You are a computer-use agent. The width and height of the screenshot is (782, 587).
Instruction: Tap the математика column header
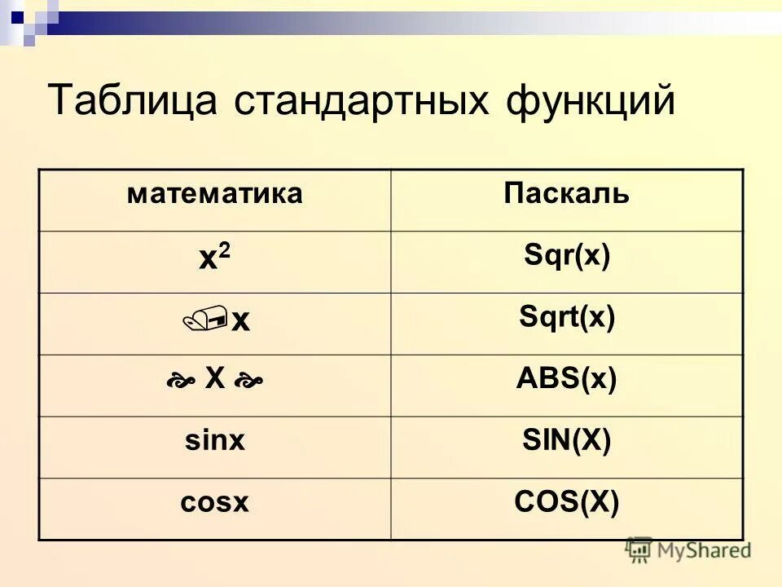(x=214, y=194)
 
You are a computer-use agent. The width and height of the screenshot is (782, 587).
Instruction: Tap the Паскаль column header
(x=566, y=194)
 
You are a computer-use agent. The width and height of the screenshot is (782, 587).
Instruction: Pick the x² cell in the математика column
(x=214, y=259)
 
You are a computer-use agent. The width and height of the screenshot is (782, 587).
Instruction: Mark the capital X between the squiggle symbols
(x=214, y=377)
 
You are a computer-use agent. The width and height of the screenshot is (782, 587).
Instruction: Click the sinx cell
(x=214, y=441)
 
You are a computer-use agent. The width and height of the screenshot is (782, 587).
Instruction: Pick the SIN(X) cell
(x=566, y=440)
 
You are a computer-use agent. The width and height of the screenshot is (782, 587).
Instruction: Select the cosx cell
(x=214, y=502)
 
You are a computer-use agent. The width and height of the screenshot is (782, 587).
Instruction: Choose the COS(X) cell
(x=566, y=501)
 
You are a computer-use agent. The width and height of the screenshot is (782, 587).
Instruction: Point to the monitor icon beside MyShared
(x=639, y=549)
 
